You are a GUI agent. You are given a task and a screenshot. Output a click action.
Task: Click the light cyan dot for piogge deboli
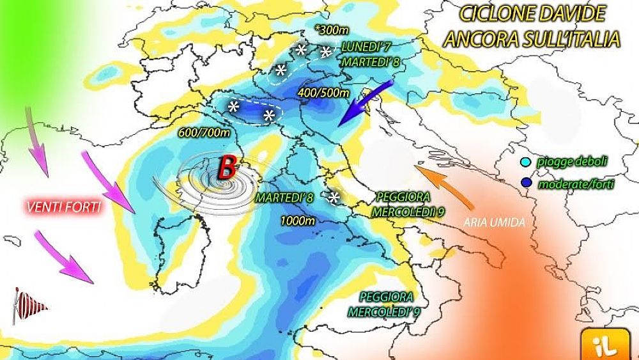point(525,162)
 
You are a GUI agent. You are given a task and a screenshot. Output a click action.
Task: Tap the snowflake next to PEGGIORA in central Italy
point(333,197)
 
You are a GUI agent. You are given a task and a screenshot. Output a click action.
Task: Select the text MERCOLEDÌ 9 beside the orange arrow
point(403,210)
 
